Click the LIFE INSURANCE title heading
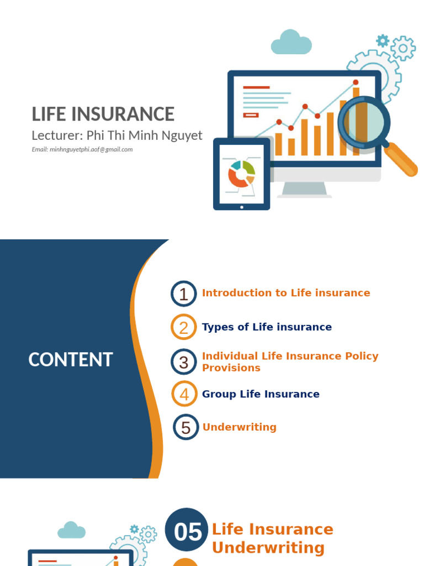(x=103, y=114)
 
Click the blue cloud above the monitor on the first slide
(x=291, y=42)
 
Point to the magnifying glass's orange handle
(x=400, y=159)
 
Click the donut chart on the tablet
(x=241, y=174)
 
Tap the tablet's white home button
(x=242, y=207)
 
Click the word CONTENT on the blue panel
(x=71, y=359)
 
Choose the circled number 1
(x=183, y=294)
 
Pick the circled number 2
(x=183, y=327)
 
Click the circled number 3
(x=183, y=361)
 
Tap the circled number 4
(x=184, y=394)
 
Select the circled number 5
(x=185, y=427)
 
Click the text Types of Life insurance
(x=267, y=327)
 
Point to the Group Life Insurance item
(x=261, y=394)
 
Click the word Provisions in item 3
(x=231, y=368)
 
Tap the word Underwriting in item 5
(x=240, y=427)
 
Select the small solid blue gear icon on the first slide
(x=383, y=40)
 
